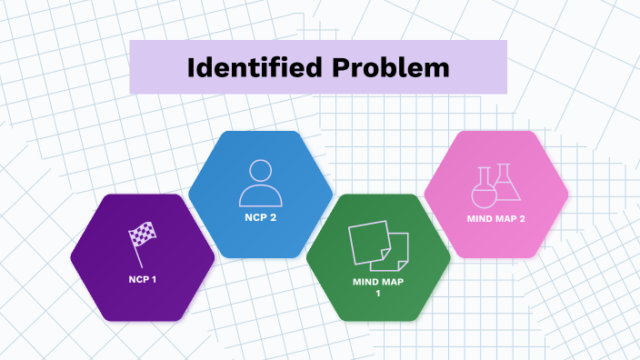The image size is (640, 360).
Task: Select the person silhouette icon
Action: (260, 182)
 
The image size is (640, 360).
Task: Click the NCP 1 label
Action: (143, 277)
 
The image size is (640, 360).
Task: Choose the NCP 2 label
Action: (260, 217)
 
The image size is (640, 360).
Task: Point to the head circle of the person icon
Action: (260, 171)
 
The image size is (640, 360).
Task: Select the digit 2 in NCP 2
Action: (273, 217)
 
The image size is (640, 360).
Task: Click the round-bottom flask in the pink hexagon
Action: (484, 190)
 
